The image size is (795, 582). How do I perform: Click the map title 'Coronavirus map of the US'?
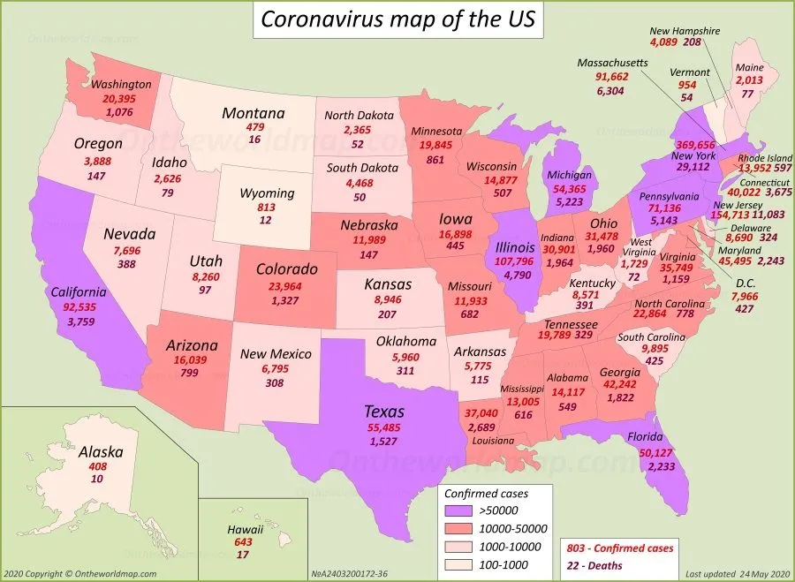point(397,19)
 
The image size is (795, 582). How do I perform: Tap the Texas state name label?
point(384,411)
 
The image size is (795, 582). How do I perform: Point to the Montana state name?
point(253,113)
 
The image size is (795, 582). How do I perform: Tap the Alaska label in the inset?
point(101,451)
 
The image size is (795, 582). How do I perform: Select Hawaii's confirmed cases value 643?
point(244,542)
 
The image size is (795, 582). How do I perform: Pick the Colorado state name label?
point(287,268)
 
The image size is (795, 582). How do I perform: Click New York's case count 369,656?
point(695,144)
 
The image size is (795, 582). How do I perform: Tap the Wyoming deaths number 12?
point(266,220)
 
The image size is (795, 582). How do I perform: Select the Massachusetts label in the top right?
point(613,64)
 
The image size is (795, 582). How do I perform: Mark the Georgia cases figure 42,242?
point(619,384)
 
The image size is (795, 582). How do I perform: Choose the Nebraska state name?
point(368,225)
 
